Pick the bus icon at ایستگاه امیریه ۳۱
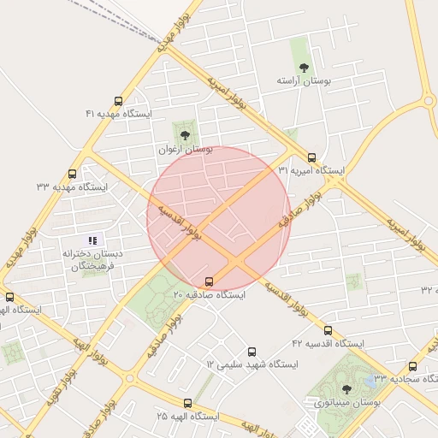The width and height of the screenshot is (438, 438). [x=311, y=157]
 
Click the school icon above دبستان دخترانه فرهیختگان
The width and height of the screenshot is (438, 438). [x=93, y=240]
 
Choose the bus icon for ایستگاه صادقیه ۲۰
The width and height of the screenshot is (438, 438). [x=210, y=281]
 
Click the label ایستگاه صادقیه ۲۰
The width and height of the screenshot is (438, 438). [x=209, y=294]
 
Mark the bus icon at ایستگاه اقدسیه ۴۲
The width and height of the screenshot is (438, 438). [x=328, y=330]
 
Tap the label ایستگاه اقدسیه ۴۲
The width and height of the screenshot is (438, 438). [x=328, y=343]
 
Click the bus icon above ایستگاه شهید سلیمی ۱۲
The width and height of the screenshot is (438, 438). [x=252, y=352]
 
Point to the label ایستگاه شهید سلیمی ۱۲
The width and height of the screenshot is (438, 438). [x=252, y=364]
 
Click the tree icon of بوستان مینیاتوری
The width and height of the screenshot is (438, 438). [x=346, y=389]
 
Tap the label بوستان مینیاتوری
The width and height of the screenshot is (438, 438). [x=346, y=402]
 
